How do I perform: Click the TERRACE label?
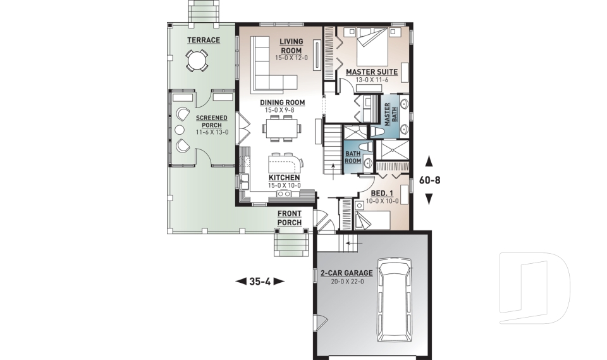click(203, 40)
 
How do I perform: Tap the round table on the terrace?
click(196, 61)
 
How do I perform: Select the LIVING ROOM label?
click(291, 46)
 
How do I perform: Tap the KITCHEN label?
click(285, 178)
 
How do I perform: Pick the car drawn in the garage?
click(393, 297)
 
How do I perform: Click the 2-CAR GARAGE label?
click(346, 273)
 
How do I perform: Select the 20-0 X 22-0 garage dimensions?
click(346, 282)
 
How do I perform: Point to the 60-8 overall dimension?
click(429, 180)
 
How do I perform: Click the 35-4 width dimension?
click(260, 282)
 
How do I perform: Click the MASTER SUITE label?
click(371, 72)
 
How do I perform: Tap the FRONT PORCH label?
click(289, 218)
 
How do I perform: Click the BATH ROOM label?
click(352, 157)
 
